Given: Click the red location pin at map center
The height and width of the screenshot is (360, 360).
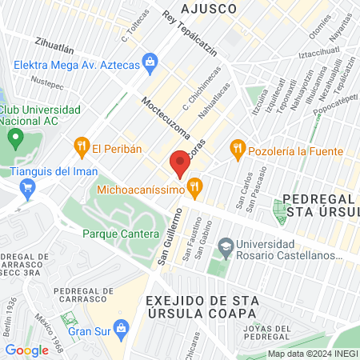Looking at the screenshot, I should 180,163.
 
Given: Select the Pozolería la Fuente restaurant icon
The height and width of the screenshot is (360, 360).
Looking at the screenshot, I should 237,147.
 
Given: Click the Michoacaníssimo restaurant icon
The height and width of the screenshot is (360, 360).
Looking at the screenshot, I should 194,188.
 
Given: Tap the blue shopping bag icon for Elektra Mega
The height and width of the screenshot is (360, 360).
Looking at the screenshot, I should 149,61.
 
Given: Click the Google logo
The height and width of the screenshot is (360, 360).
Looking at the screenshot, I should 26,350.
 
